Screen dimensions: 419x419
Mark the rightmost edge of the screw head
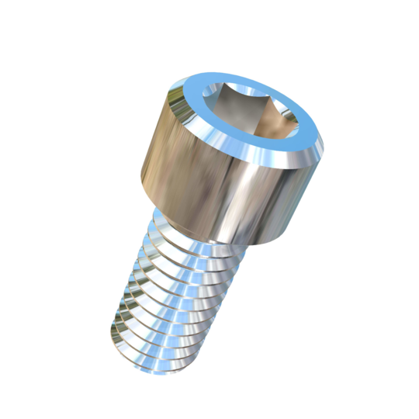tap(325, 144)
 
